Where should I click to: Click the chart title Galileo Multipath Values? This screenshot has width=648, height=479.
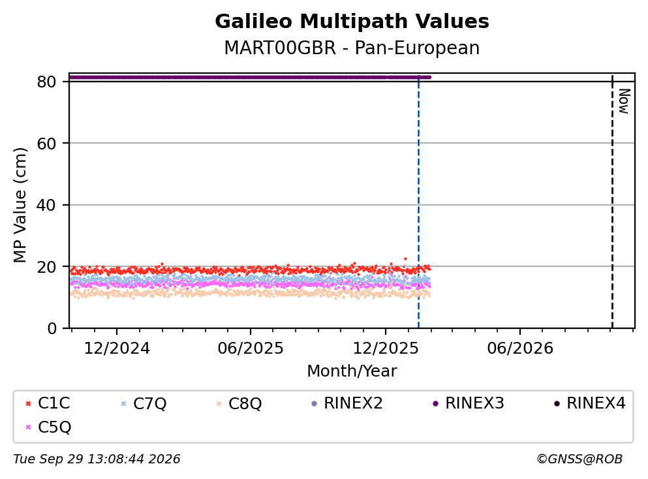click(x=352, y=22)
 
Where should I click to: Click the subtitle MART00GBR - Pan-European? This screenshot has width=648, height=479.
click(x=352, y=48)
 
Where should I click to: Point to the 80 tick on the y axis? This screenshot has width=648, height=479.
click(x=46, y=82)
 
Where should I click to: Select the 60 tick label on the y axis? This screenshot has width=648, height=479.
click(x=46, y=144)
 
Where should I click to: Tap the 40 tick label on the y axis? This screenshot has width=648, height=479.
click(x=46, y=205)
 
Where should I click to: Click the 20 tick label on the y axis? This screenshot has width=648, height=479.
click(x=46, y=267)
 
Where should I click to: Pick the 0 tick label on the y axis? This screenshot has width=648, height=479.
click(x=52, y=328)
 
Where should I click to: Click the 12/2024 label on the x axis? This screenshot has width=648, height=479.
click(x=117, y=348)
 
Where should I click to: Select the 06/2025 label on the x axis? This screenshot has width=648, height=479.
click(x=251, y=348)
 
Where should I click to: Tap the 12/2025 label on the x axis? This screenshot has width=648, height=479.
click(x=386, y=348)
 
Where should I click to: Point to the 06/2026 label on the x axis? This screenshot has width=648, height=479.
click(x=520, y=348)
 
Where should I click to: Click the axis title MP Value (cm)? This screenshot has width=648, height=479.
click(x=20, y=205)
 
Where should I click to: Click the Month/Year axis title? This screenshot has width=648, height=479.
click(x=352, y=371)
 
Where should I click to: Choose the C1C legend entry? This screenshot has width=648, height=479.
click(x=48, y=403)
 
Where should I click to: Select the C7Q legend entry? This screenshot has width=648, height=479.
click(x=144, y=403)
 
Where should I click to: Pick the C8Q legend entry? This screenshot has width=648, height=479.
click(x=239, y=403)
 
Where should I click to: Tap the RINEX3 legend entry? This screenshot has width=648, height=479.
click(x=469, y=403)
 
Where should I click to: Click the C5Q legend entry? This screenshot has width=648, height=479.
click(x=48, y=427)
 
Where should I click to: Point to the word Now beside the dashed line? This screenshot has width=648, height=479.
click(x=624, y=101)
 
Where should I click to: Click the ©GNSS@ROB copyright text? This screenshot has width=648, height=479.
click(x=579, y=459)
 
